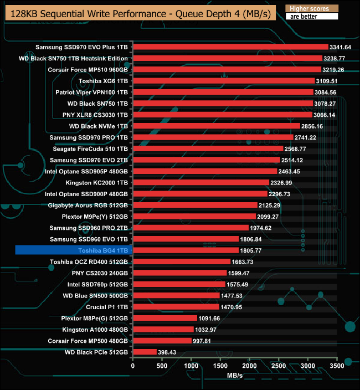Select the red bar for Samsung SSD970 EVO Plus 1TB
[230, 47]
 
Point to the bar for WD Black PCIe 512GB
[145, 352]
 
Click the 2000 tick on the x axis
[250, 366]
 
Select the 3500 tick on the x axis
[337, 366]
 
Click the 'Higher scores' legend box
[311, 9]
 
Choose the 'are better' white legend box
[311, 17]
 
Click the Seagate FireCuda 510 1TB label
[90, 148]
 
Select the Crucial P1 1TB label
[107, 307]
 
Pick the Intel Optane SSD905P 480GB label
[86, 171]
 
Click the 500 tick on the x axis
[162, 366]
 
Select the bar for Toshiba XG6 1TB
[224, 81]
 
